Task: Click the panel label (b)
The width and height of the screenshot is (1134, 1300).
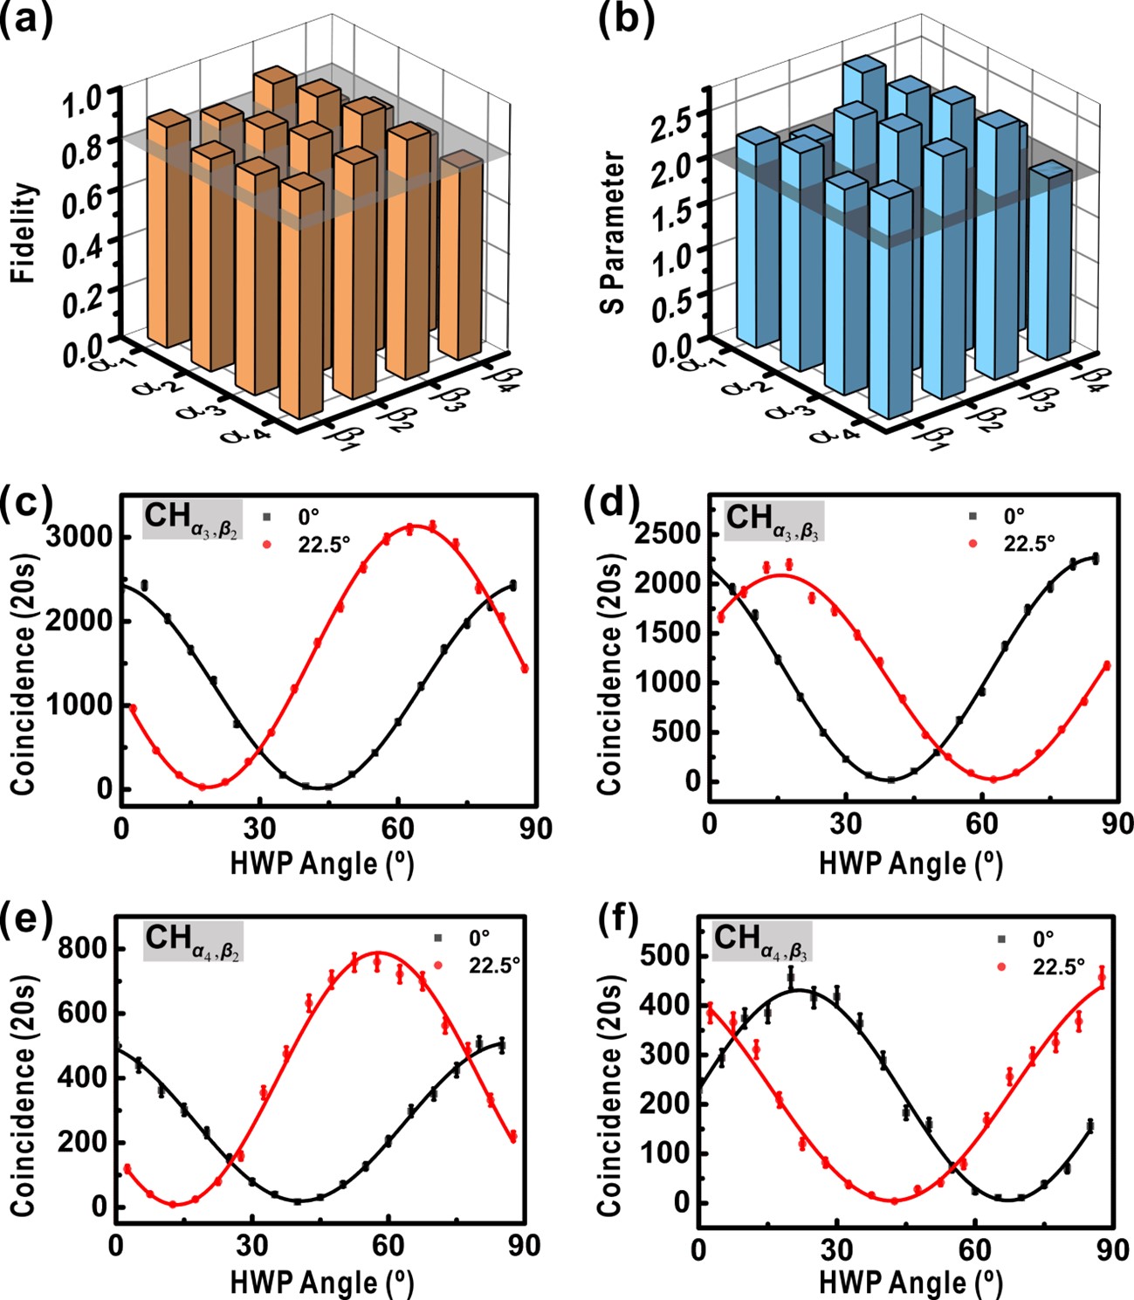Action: [625, 19]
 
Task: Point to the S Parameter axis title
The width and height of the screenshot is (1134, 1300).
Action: [615, 232]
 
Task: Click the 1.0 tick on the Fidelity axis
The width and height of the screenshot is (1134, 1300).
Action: [84, 99]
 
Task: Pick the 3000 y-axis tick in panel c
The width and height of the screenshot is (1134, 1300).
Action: [80, 537]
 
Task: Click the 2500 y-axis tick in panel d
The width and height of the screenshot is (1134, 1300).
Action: [670, 533]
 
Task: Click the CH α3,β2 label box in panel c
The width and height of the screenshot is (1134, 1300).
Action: [192, 519]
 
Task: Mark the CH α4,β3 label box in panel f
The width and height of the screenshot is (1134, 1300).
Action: [762, 941]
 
